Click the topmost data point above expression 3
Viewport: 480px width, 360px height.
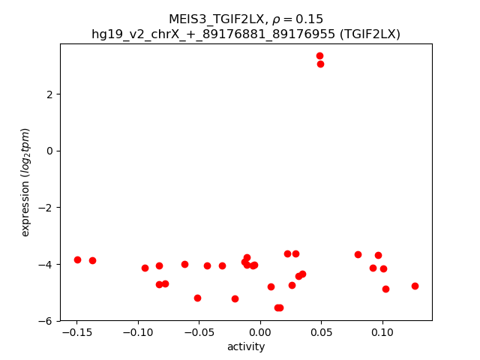[319, 55]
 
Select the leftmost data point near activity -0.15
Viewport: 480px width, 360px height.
[77, 259]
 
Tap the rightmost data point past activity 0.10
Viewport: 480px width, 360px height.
[415, 286]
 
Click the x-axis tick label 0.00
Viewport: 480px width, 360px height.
[259, 332]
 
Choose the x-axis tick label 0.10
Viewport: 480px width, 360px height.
[382, 332]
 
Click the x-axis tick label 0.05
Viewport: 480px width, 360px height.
[321, 332]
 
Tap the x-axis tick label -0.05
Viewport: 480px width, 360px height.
[197, 332]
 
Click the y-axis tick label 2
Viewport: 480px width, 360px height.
[52, 94]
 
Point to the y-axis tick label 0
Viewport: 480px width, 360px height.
[52, 151]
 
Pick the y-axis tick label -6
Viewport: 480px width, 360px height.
[49, 321]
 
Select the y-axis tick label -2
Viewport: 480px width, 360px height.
[49, 208]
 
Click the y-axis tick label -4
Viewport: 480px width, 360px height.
[49, 264]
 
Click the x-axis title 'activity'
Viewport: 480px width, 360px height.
[246, 346]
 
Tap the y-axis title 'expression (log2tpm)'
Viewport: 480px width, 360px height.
[25, 182]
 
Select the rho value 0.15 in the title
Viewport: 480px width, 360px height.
[311, 19]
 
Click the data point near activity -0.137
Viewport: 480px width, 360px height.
[92, 260]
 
